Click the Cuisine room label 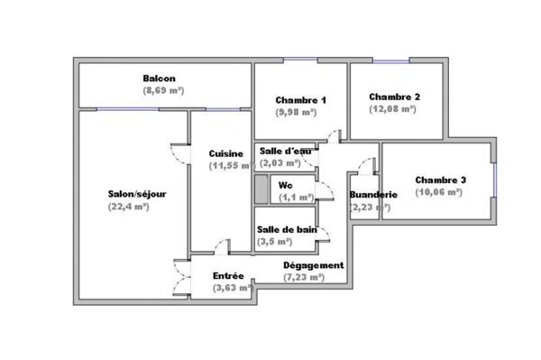pyautogui.click(x=224, y=152)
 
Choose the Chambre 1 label pyautogui.click(x=300, y=99)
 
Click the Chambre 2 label pyautogui.click(x=395, y=97)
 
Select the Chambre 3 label pyautogui.click(x=440, y=180)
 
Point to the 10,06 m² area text pyautogui.click(x=440, y=192)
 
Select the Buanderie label pyautogui.click(x=372, y=194)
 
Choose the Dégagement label pyautogui.click(x=313, y=265)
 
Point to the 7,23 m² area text pyautogui.click(x=304, y=278)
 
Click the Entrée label pyautogui.click(x=228, y=275)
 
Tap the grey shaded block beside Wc pyautogui.click(x=261, y=189)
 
